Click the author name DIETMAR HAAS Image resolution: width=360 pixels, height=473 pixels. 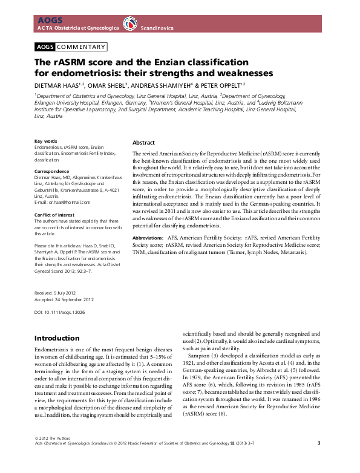58,85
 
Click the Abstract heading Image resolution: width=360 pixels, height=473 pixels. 143,142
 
